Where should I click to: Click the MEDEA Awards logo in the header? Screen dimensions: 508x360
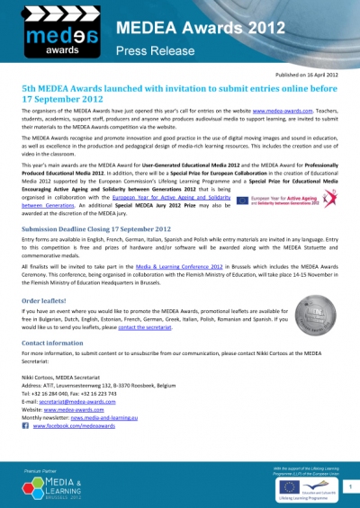54,33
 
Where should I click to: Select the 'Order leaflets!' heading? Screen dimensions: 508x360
44,300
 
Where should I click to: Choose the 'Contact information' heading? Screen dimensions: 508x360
53,343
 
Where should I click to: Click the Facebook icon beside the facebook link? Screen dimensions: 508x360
25,429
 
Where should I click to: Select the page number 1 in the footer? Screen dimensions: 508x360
347,486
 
